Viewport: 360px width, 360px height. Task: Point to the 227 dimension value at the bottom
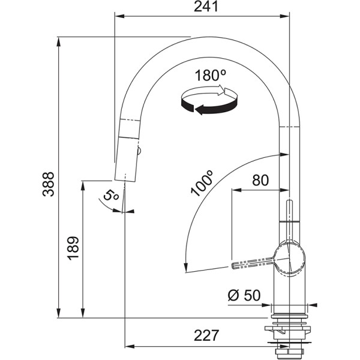coord(206,335)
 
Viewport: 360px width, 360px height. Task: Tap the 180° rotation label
coord(211,76)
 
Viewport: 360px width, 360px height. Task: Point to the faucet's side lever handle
coord(252,262)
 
